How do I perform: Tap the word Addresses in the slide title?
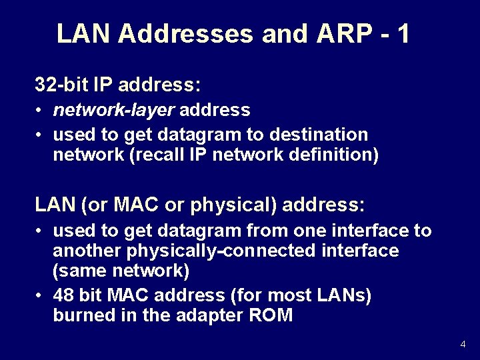point(185,33)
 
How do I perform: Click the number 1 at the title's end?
point(403,33)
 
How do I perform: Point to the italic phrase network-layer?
point(114,109)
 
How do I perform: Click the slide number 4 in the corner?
point(463,345)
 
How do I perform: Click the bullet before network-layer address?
point(41,110)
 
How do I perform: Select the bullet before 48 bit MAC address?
point(41,295)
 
